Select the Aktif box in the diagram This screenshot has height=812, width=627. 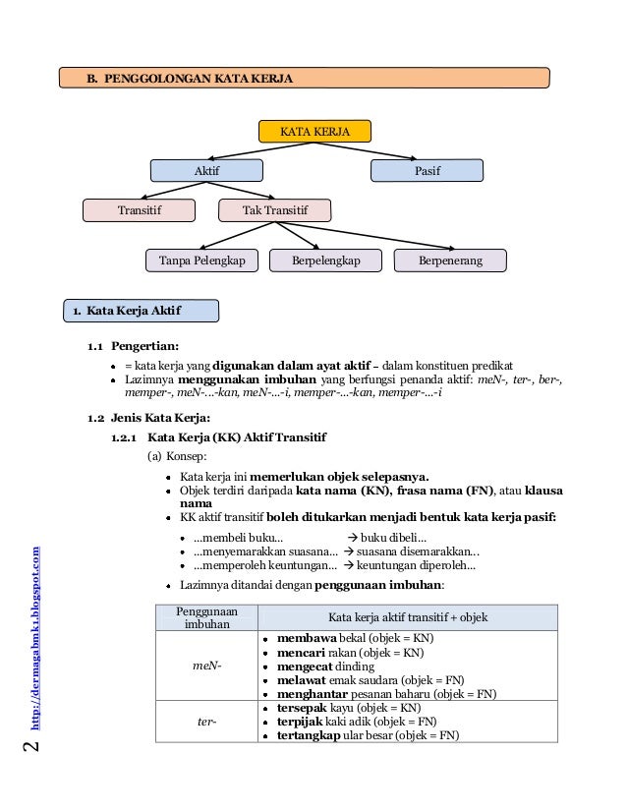pos(206,171)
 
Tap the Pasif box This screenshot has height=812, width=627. pos(427,171)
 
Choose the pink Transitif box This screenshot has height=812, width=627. pos(137,210)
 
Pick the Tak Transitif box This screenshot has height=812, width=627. pos(274,210)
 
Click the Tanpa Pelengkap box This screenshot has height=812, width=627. pos(202,261)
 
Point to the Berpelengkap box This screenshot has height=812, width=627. pos(325,261)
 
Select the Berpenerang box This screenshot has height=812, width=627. pos(450,261)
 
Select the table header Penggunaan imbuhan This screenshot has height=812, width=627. pos(206,617)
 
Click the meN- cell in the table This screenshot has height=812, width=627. pos(206,666)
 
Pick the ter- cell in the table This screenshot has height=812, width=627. pos(206,722)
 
